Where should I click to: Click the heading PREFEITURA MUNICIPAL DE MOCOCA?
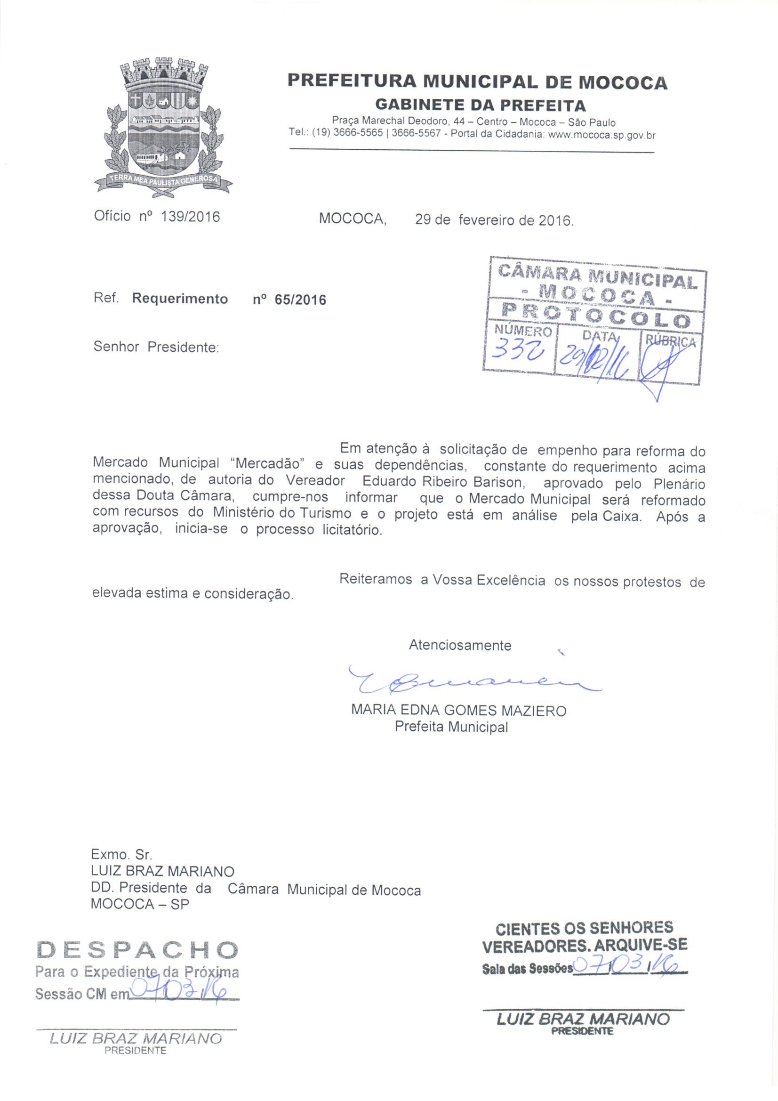tap(477, 82)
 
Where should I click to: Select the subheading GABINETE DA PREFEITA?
tap(480, 105)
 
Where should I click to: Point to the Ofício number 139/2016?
tap(190, 217)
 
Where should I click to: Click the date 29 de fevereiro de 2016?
tap(494, 220)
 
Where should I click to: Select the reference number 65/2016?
tap(300, 300)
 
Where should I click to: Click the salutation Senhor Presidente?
tap(156, 347)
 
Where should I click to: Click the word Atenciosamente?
tap(460, 646)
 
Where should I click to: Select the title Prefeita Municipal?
tap(451, 727)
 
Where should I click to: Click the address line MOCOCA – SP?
tap(140, 904)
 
